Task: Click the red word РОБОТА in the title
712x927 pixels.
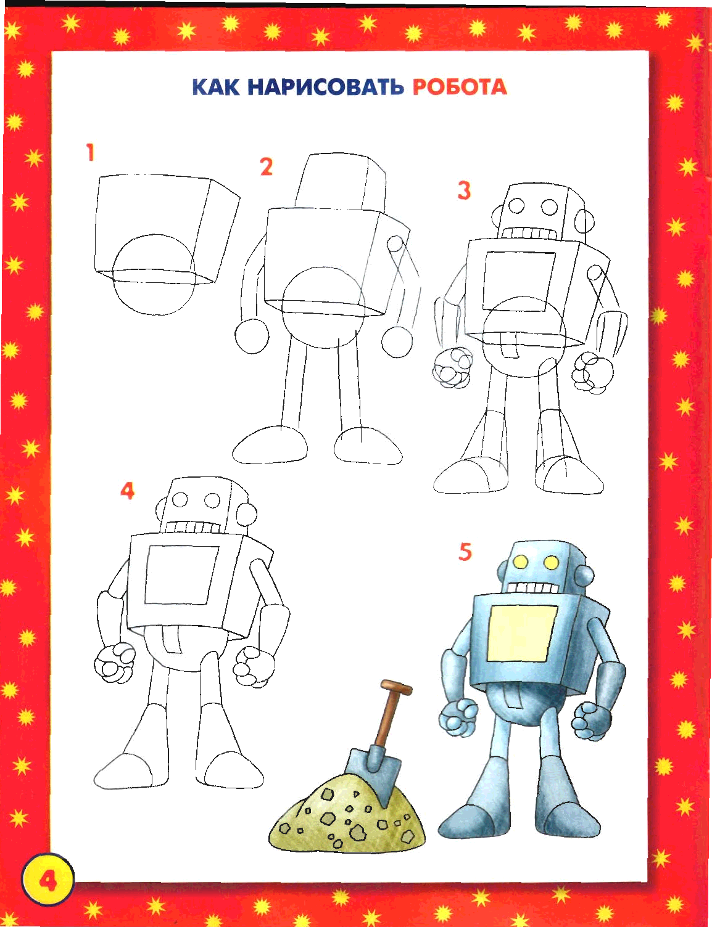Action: pos(460,87)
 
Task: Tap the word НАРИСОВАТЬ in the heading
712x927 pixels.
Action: pos(326,87)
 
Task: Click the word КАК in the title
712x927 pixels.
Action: pos(216,87)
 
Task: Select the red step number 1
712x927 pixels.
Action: pos(89,152)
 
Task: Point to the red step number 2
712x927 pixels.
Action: pos(267,167)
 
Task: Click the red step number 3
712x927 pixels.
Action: pos(464,190)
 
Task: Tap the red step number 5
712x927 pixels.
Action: pos(465,552)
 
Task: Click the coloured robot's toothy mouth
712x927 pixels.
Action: pos(534,587)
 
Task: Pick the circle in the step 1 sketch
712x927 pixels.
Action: pos(154,274)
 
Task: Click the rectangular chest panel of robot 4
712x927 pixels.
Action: pos(182,574)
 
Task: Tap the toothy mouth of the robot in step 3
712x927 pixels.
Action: pos(528,234)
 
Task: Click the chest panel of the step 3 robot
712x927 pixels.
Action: pos(519,282)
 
